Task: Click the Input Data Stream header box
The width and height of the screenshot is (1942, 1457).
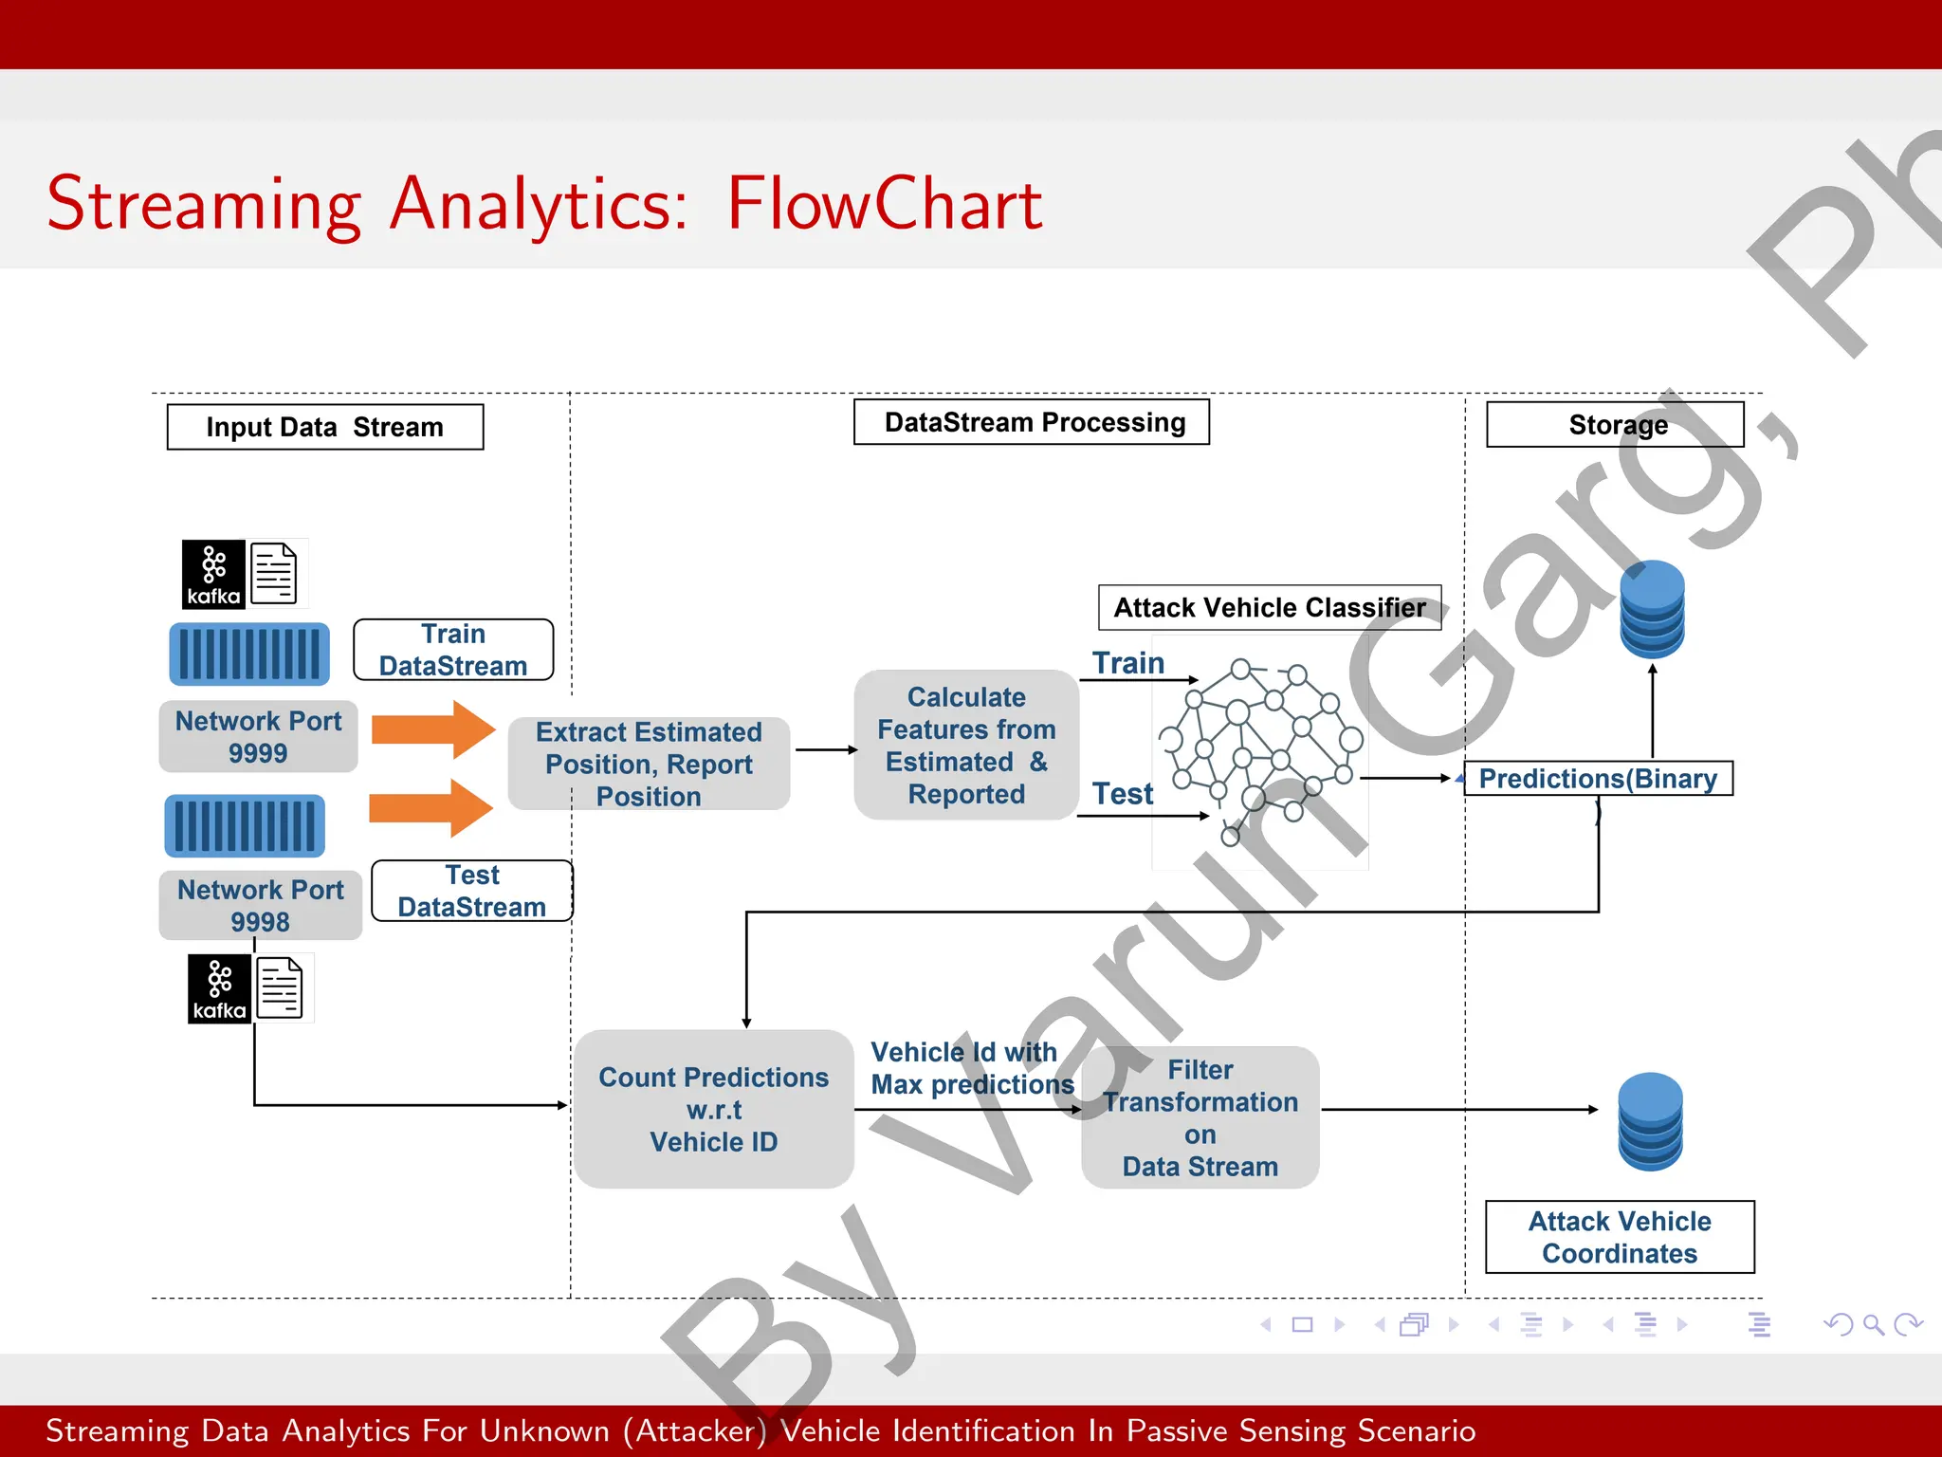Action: coord(324,427)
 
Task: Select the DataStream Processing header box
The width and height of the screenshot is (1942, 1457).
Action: coord(1032,422)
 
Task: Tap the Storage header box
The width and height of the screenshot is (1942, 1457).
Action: coord(1615,425)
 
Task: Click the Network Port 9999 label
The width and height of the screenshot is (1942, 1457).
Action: coord(258,736)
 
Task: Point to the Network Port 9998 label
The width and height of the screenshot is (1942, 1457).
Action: coord(260,905)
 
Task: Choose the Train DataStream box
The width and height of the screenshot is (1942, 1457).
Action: coord(453,650)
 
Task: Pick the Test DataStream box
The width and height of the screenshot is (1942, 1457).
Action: coord(471,891)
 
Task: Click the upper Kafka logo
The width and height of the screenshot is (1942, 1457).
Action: coord(213,574)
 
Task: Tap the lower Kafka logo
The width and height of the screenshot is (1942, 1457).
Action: coord(219,988)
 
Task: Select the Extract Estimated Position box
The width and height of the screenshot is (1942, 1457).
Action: coord(649,764)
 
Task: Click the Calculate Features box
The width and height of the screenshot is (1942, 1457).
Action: coord(966,745)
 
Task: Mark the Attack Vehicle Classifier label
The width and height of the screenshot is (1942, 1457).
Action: coord(1269,607)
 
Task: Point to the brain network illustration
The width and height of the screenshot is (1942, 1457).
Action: coord(1260,749)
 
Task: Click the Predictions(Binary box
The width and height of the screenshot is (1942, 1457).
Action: coord(1598,778)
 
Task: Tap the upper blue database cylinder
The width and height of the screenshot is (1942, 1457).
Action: coord(1652,609)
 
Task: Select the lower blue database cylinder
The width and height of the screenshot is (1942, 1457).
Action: coord(1650,1121)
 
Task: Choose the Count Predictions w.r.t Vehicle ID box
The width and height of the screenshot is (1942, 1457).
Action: coord(713,1109)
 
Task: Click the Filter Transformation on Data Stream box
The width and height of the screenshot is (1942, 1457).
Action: coord(1200,1117)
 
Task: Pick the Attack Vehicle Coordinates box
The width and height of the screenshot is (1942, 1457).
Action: coord(1620,1237)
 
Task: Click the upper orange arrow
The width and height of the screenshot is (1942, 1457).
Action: coord(432,729)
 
